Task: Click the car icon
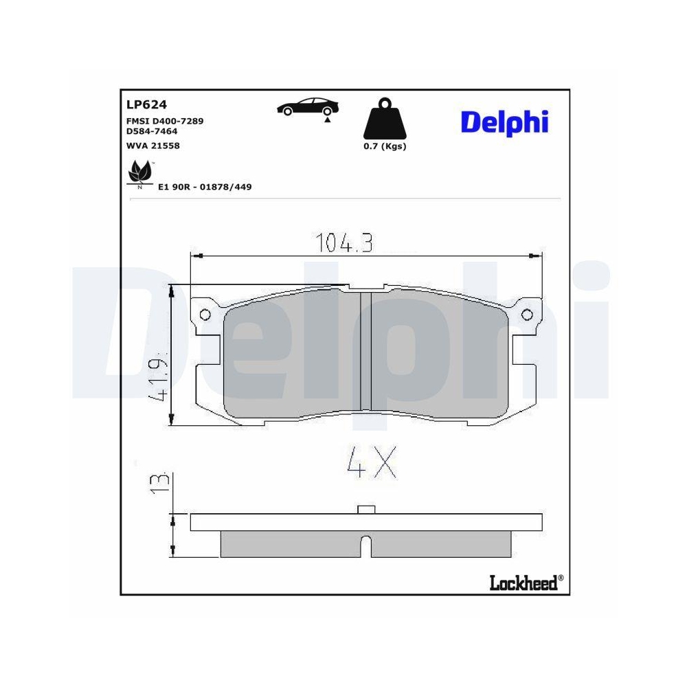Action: tap(308, 106)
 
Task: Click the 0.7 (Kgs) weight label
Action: tap(385, 146)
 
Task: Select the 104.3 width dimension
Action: tap(343, 243)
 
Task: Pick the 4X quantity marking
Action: tap(371, 463)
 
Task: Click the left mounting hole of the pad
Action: tap(204, 315)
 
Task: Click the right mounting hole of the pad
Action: tap(527, 315)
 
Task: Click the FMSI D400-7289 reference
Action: tap(164, 121)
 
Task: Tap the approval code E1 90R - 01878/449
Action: tap(205, 187)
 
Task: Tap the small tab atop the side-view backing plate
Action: tap(367, 509)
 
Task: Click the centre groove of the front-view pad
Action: tap(365, 350)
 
